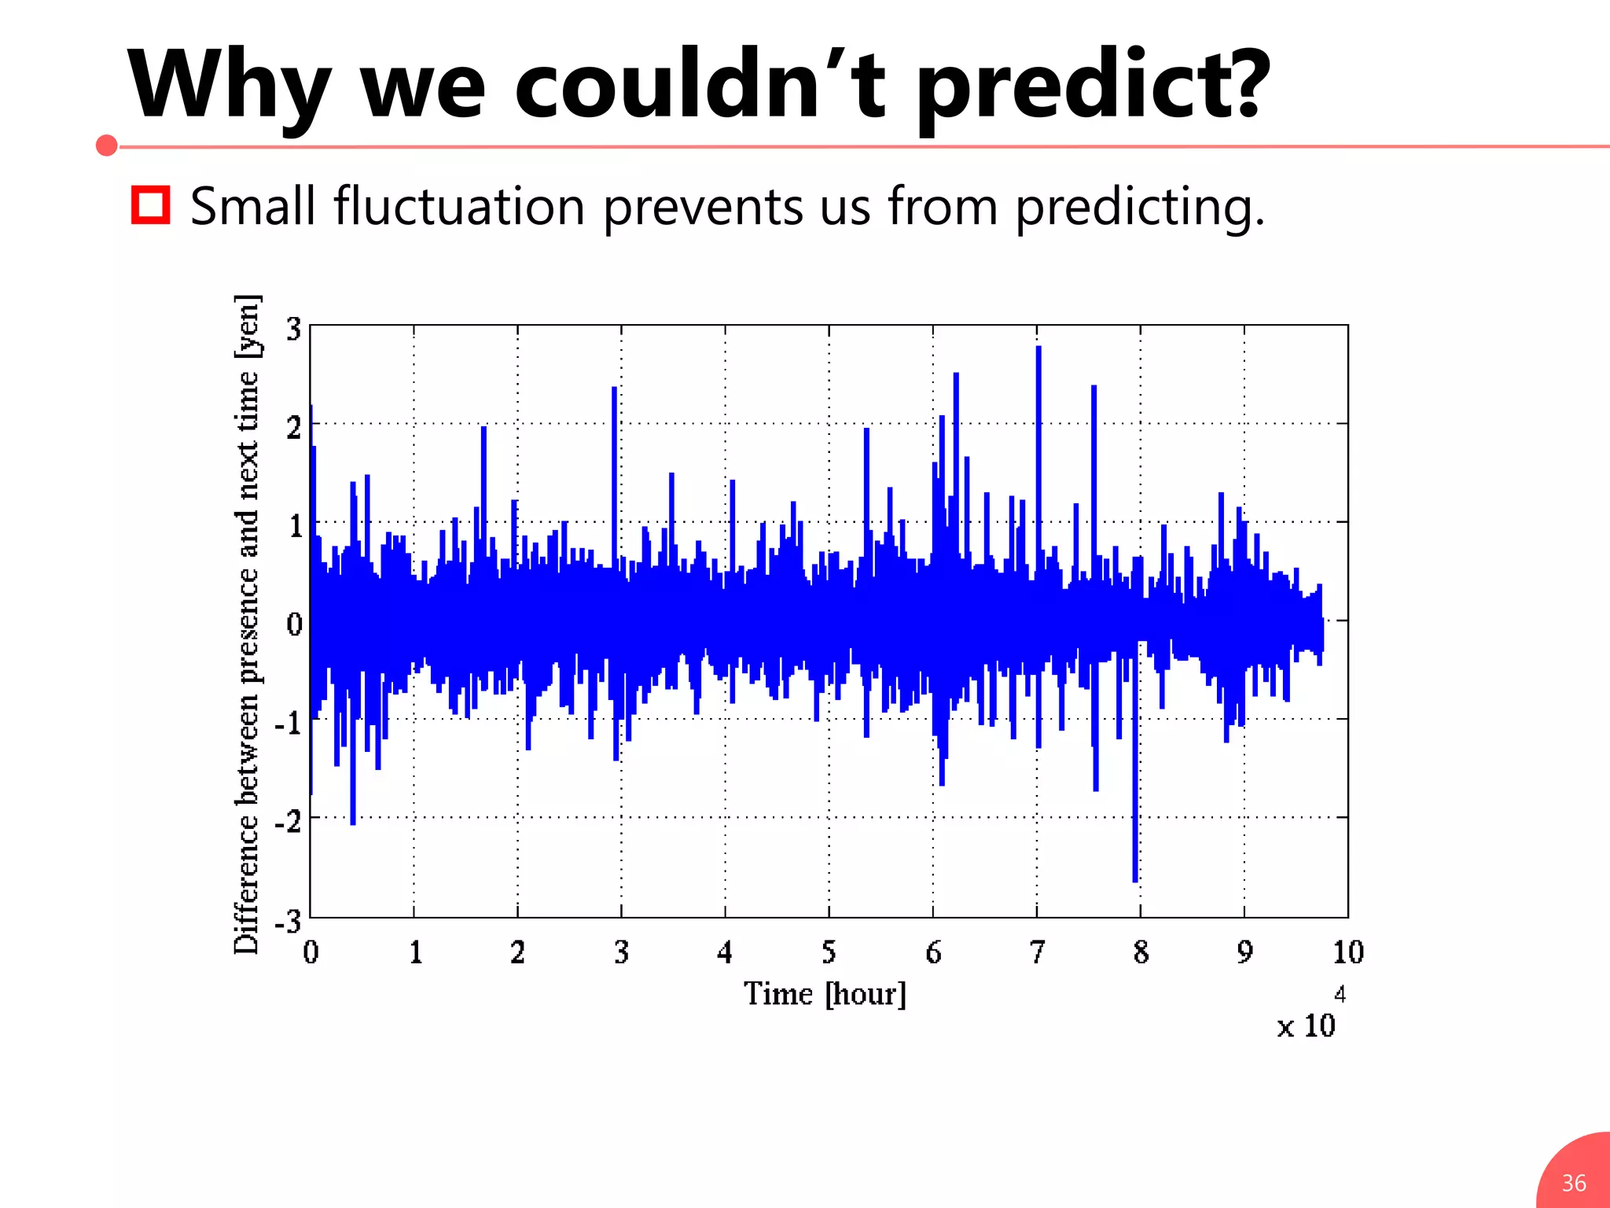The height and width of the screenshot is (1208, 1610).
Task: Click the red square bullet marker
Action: coord(150,205)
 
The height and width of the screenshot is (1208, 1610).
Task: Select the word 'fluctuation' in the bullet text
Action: coord(459,207)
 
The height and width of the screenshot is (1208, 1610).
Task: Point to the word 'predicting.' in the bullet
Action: coord(1140,207)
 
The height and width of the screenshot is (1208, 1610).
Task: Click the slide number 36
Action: coord(1573,1183)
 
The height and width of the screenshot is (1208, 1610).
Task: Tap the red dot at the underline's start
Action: coord(107,145)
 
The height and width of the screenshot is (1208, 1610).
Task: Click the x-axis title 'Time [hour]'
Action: coord(825,994)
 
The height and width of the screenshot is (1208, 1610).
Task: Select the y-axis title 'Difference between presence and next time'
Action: coord(247,625)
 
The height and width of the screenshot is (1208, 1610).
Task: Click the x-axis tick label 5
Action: coord(829,952)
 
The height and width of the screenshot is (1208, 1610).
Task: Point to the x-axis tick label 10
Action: coord(1347,952)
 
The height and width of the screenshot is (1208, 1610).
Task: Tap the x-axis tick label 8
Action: coord(1141,952)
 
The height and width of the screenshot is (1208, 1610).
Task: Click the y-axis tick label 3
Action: coord(293,330)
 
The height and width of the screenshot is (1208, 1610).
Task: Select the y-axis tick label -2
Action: coord(289,821)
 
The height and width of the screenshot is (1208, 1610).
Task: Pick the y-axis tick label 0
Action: coord(294,624)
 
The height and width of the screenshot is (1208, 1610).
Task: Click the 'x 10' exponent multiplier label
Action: coord(1306,1025)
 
